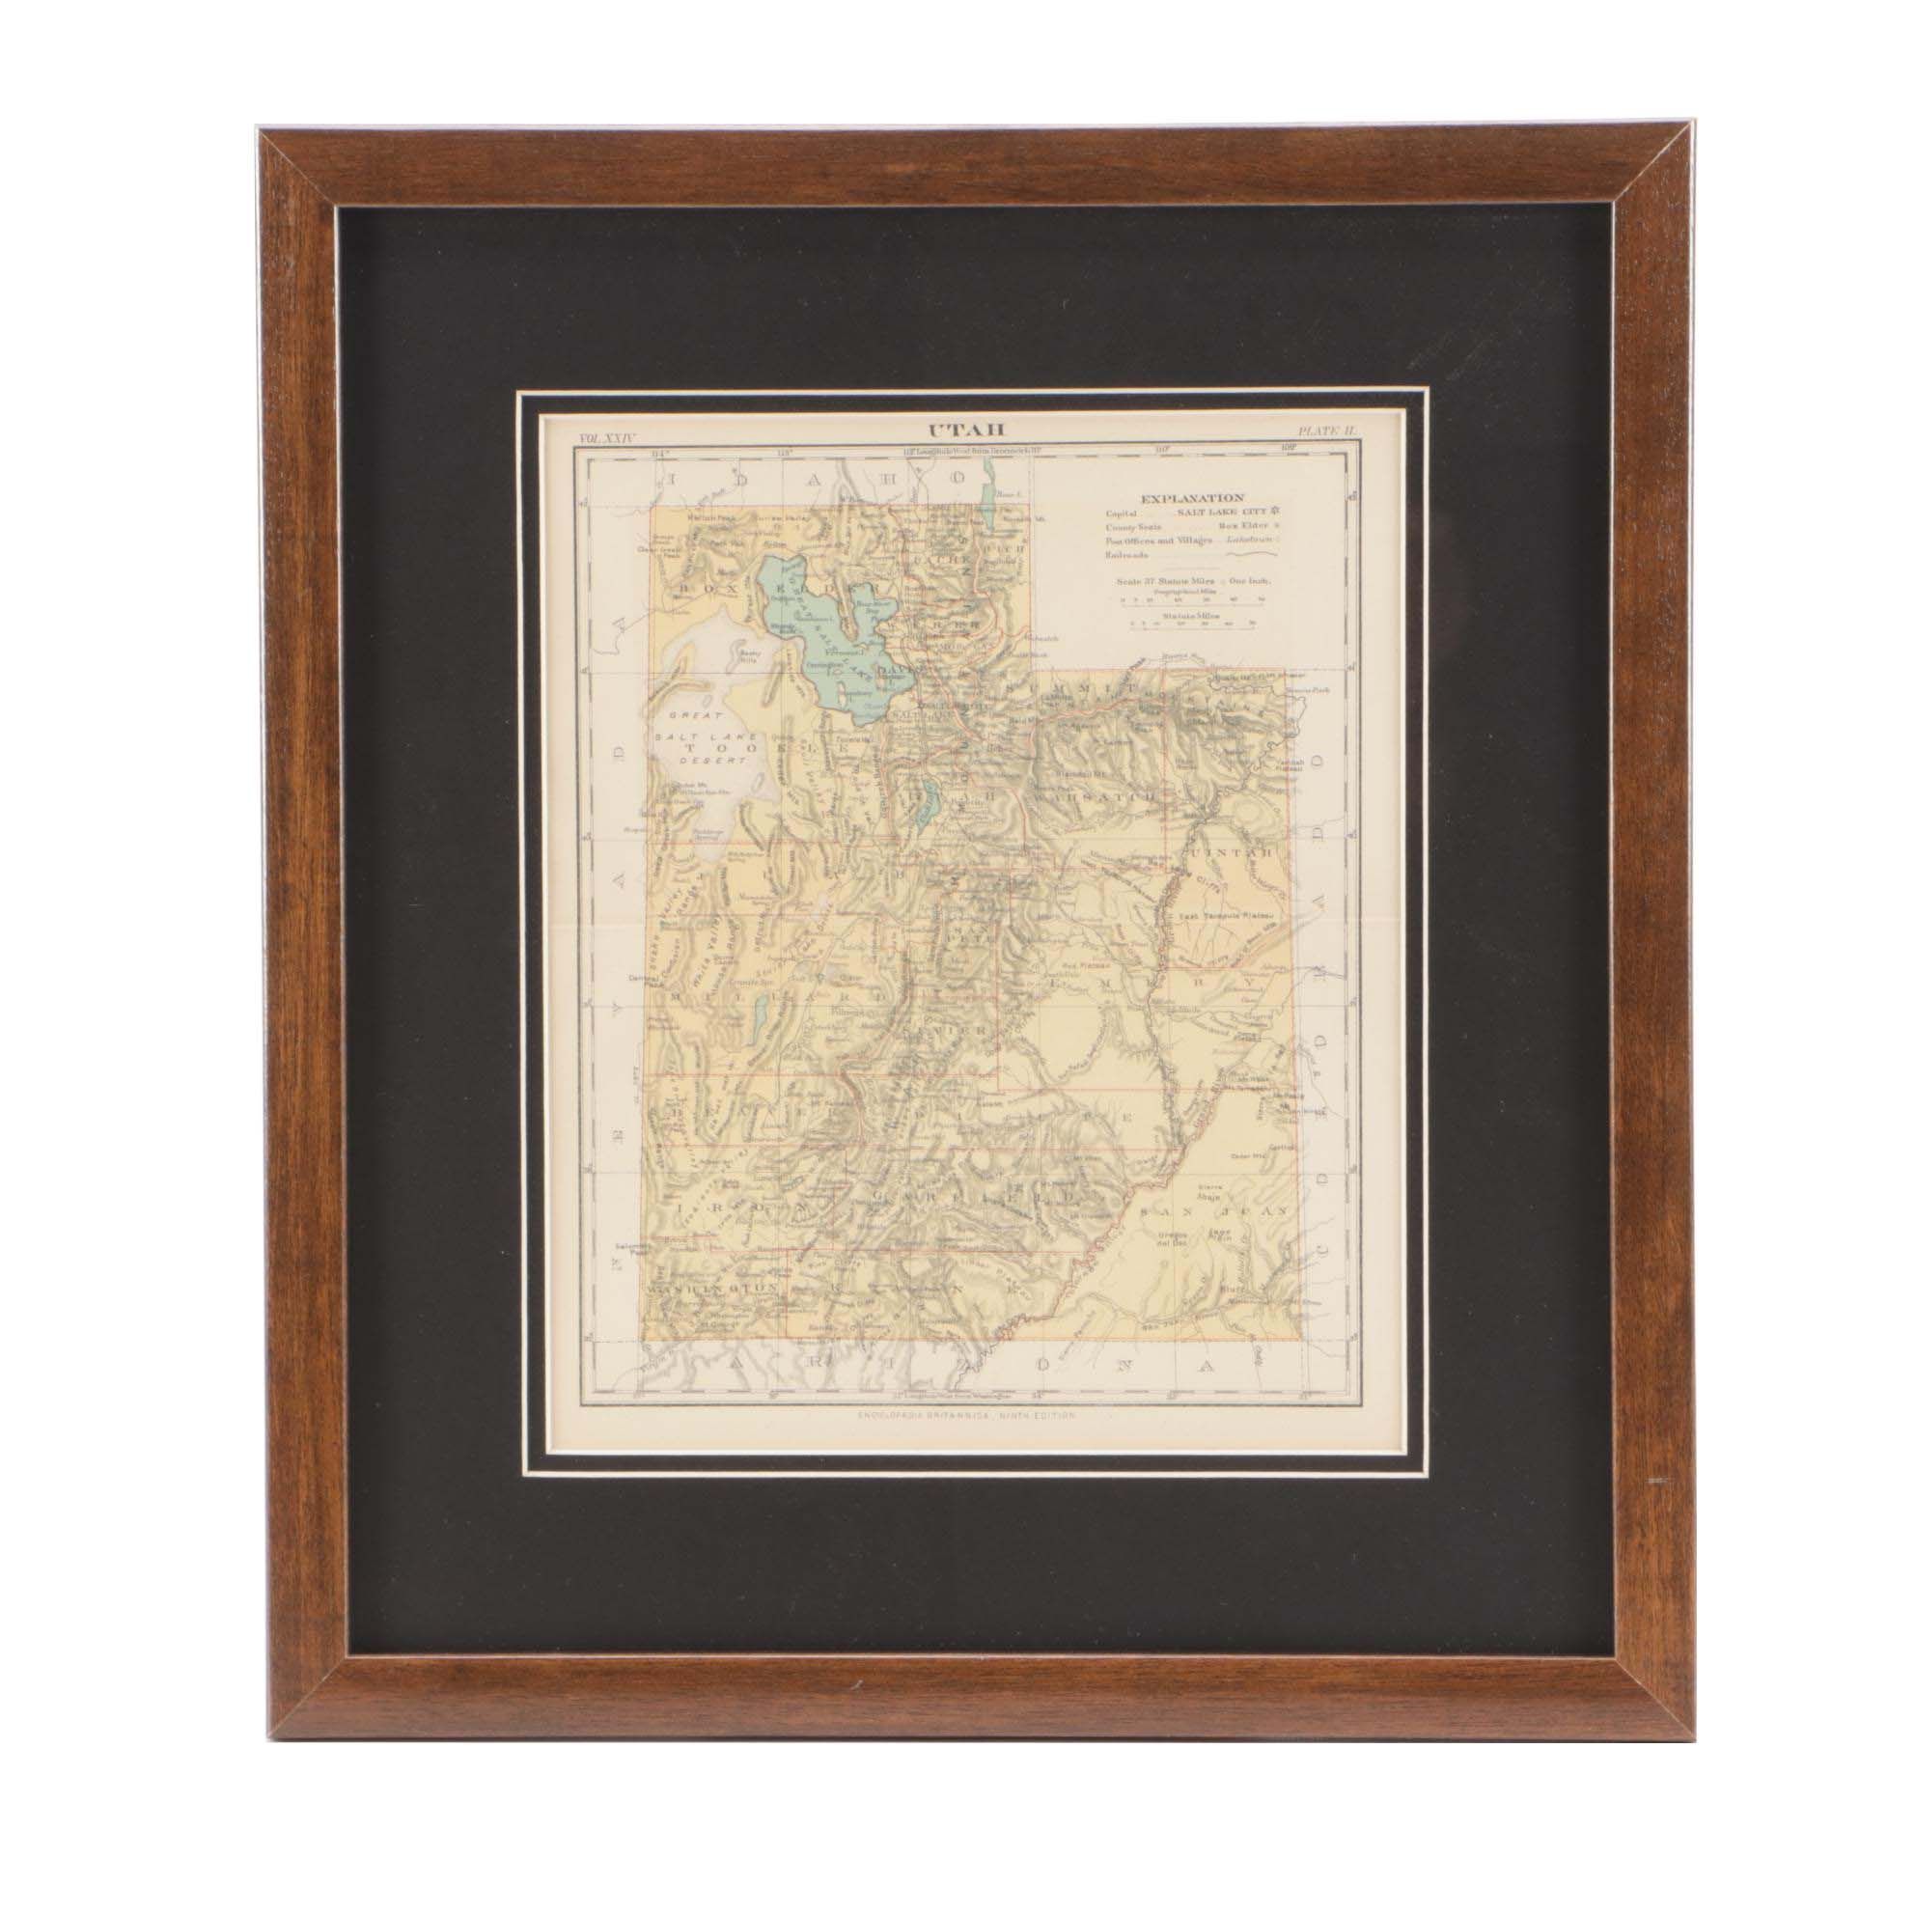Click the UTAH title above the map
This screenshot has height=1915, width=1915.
click(952, 430)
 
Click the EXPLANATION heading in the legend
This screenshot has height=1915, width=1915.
click(1191, 499)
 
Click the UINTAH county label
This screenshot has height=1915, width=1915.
click(1231, 854)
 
